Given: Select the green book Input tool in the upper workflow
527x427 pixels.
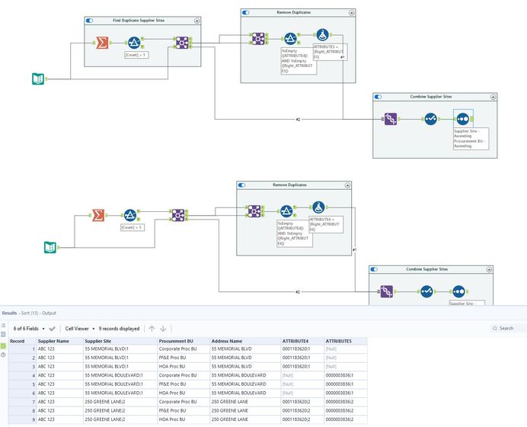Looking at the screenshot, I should coord(37,79).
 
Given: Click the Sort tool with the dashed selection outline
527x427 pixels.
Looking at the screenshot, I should coord(462,118).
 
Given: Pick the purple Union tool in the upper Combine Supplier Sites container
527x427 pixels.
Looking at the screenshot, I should coord(390,118).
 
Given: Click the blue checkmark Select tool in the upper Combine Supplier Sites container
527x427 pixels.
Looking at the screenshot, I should coord(430,118).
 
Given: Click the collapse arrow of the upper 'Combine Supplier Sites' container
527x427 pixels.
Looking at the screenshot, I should coord(493,97).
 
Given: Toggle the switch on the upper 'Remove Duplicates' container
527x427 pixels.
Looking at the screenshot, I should coord(245,13).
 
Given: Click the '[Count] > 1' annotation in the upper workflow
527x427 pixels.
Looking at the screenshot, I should coord(136,55).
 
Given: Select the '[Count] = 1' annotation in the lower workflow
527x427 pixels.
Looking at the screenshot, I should coord(132,226).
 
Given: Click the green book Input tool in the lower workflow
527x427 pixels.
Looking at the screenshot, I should coord(50,246).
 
